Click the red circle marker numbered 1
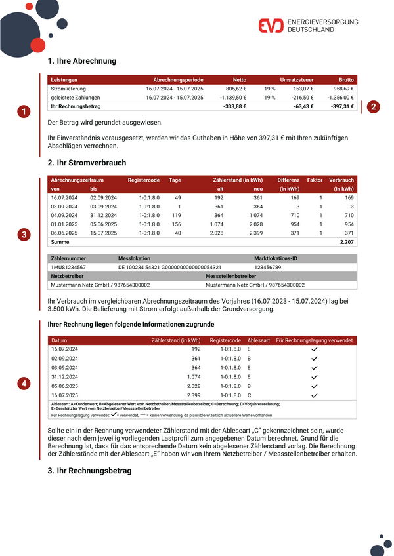24,111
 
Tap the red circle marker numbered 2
373,106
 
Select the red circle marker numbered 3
24,234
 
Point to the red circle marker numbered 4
24,384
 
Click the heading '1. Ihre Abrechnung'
82,61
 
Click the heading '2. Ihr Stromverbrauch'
87,163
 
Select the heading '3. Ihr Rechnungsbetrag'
89,471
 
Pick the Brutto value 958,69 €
343,88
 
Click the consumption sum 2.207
346,242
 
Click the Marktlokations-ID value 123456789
272,268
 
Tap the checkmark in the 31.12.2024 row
314,377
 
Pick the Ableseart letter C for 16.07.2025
249,395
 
